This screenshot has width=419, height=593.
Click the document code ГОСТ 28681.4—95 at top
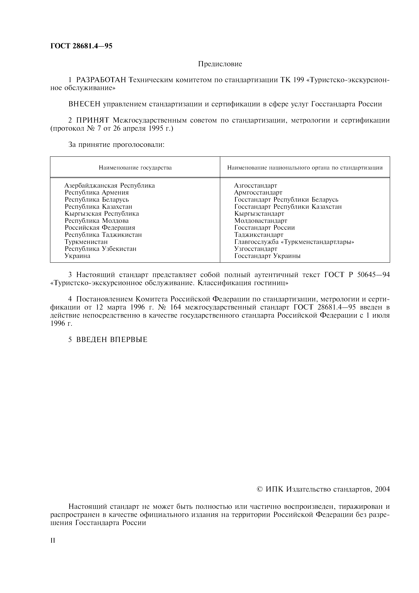(81, 46)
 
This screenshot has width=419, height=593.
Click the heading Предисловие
(220, 64)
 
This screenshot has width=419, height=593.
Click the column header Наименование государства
(135, 168)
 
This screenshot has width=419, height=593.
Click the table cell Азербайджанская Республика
(110, 185)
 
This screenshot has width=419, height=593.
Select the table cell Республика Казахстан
(98, 207)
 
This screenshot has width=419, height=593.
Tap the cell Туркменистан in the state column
(86, 242)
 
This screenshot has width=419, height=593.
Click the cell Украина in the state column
(77, 256)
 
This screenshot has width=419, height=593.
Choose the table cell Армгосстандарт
(258, 192)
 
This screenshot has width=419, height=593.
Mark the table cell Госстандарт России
(264, 228)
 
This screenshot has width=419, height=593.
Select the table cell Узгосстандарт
(256, 249)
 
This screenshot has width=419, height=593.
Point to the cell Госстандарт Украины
(267, 256)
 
